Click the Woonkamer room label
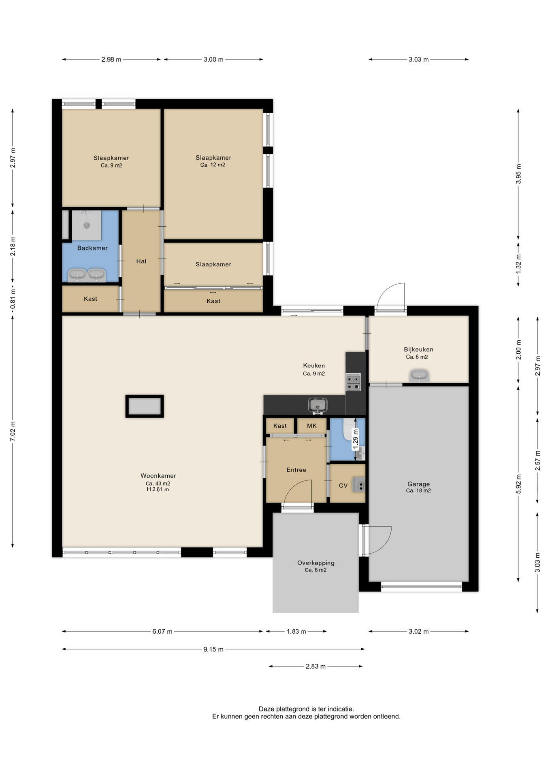click(x=158, y=476)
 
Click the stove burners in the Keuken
click(x=353, y=382)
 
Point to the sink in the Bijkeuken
click(x=419, y=376)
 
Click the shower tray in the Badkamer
click(x=87, y=225)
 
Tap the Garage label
click(x=418, y=484)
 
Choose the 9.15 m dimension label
click(x=213, y=650)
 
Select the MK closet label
click(x=312, y=426)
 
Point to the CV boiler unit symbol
click(x=359, y=484)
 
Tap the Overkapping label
click(x=316, y=563)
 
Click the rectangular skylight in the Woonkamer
click(x=145, y=406)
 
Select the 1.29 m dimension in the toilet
click(x=356, y=439)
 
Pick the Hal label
click(x=141, y=261)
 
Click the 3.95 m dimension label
click(x=518, y=174)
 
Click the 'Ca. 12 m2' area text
click(x=213, y=165)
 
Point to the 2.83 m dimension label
click(x=316, y=667)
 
